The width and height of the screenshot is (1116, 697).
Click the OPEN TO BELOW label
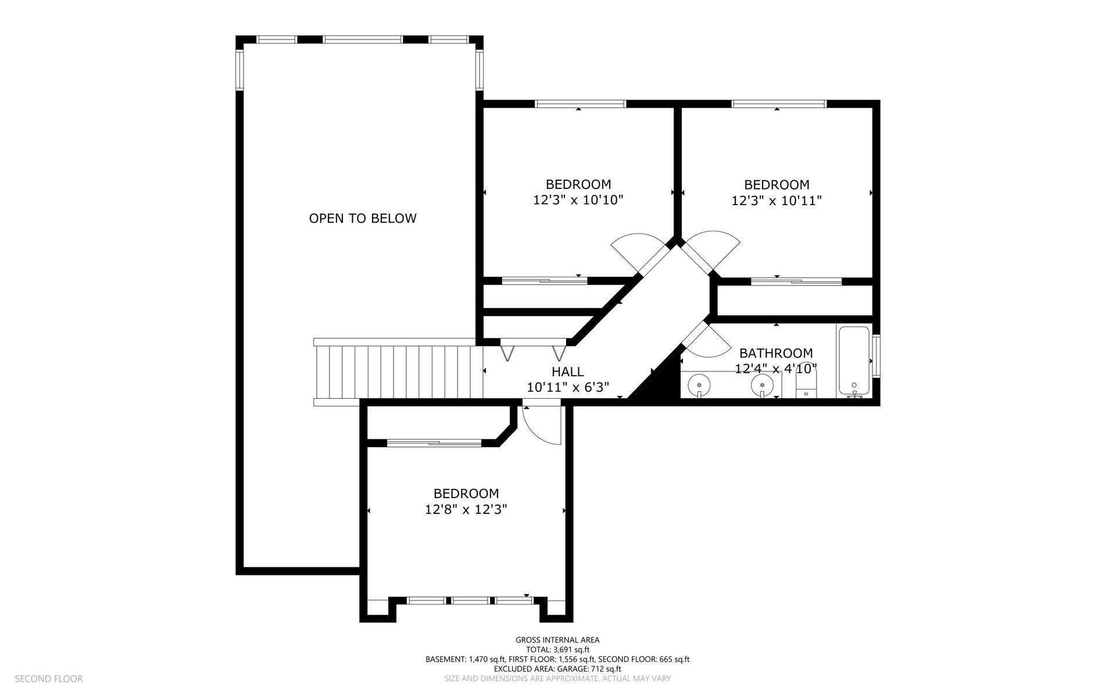(x=363, y=219)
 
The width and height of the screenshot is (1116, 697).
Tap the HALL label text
(x=567, y=371)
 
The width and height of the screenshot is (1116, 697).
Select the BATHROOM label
(x=776, y=353)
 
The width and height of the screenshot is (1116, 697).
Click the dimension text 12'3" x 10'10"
(x=578, y=200)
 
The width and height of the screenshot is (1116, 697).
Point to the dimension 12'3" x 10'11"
(x=777, y=201)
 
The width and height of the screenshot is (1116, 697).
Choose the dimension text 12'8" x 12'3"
(x=466, y=509)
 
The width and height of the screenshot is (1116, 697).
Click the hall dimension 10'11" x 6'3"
(x=568, y=387)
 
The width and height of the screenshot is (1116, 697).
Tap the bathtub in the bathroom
(x=853, y=361)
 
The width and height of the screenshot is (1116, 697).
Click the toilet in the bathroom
(x=806, y=384)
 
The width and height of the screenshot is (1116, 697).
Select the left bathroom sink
(x=698, y=385)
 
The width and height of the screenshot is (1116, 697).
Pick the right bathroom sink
(x=761, y=385)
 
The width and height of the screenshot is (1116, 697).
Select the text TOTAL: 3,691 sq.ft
(x=557, y=649)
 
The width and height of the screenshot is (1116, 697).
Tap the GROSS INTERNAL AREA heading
(x=557, y=640)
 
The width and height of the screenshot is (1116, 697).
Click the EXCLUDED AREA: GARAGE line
(x=557, y=669)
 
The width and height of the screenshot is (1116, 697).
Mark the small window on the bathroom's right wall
(x=877, y=352)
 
